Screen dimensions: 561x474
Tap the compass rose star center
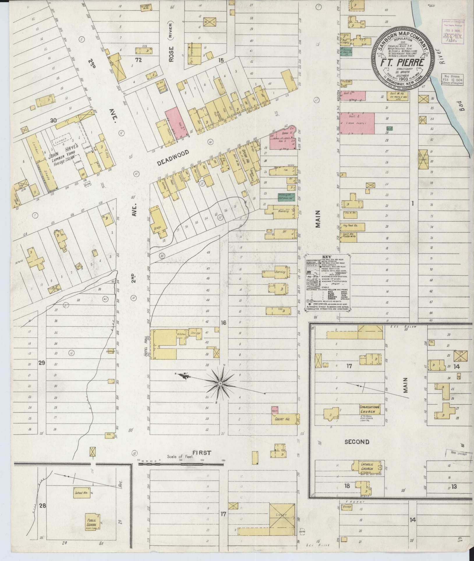[220, 384]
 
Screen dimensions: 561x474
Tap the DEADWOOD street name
[173, 158]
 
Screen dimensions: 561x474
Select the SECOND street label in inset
[357, 442]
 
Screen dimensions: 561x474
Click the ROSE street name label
[171, 54]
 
